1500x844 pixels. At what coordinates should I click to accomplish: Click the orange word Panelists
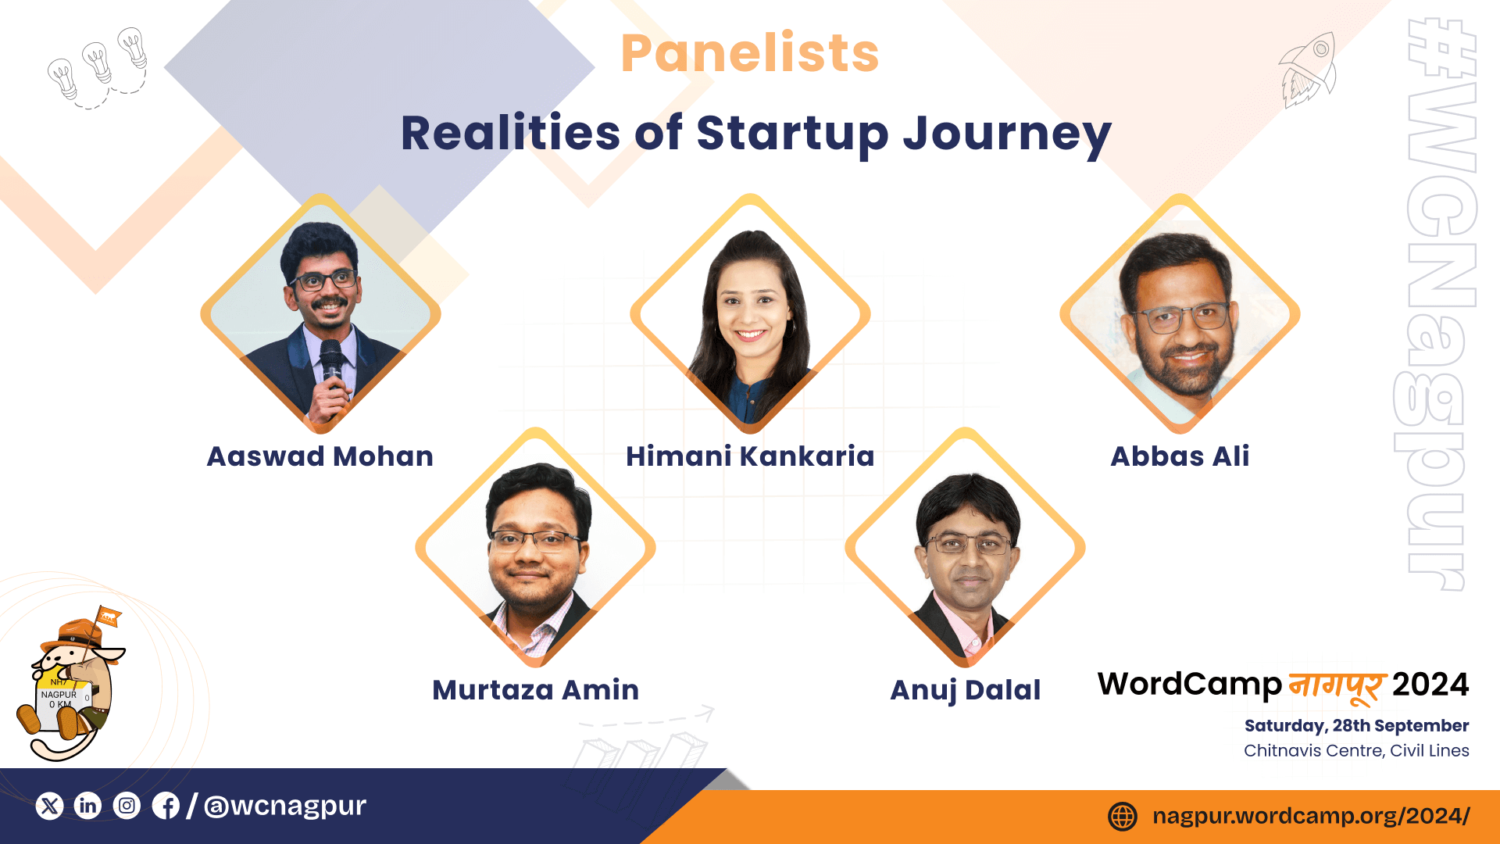point(750,53)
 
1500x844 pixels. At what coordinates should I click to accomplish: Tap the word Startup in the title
point(792,134)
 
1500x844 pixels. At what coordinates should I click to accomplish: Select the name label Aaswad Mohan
point(320,456)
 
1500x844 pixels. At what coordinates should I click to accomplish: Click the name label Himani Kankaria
point(750,456)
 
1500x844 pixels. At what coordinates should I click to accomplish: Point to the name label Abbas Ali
point(1180,456)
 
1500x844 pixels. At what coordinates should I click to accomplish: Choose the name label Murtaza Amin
point(536,689)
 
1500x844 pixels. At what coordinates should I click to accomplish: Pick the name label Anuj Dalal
point(966,690)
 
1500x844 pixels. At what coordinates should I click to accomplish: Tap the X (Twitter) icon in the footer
point(50,806)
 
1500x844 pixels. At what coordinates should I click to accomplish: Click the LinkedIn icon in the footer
point(88,806)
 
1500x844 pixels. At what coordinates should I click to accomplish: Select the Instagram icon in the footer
point(127,806)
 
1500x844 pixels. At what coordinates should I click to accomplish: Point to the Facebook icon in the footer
point(166,806)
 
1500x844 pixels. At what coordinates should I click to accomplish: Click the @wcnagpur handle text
point(285,806)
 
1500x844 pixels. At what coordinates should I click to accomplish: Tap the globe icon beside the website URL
point(1123,817)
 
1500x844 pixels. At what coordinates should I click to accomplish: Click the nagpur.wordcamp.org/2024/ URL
point(1311,817)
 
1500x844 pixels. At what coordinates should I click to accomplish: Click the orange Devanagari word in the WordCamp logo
point(1337,686)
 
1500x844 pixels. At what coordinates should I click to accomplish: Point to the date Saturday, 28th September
point(1357,726)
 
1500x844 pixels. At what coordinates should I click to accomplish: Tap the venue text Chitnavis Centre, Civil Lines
point(1357,751)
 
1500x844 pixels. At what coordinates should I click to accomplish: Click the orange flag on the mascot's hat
point(109,617)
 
